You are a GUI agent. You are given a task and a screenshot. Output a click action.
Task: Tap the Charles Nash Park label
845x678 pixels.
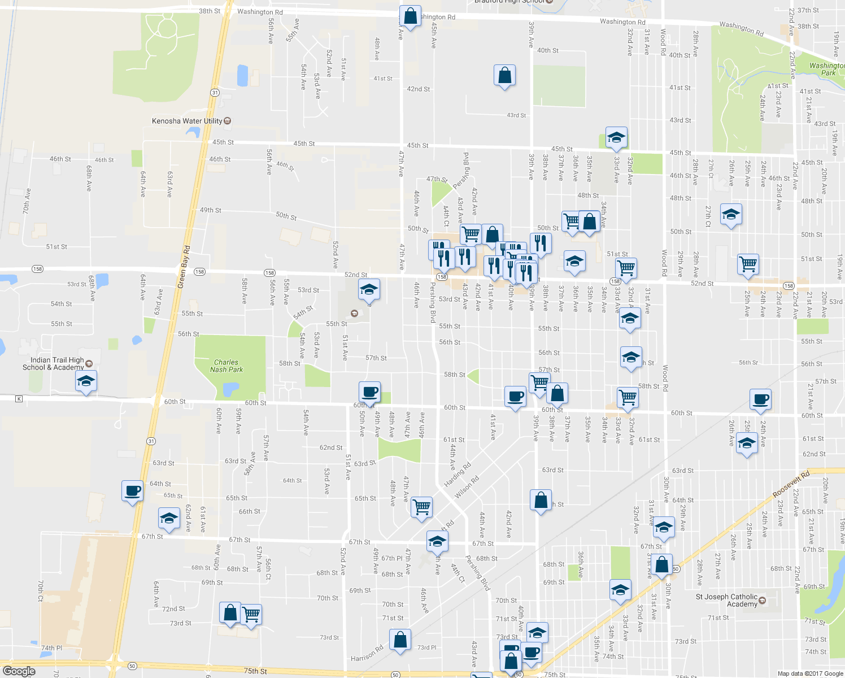coord(226,366)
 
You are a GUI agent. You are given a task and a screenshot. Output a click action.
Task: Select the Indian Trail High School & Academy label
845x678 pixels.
coord(54,364)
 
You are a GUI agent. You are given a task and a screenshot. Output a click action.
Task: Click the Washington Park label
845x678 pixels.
coord(827,69)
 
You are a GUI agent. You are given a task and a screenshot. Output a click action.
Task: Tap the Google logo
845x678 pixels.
coord(19,671)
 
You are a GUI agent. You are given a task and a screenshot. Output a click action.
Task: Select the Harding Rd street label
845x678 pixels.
coord(457,475)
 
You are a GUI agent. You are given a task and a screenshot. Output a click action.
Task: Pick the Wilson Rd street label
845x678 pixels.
coord(467,487)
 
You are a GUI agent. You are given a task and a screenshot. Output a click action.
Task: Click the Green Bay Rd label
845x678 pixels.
coord(184,267)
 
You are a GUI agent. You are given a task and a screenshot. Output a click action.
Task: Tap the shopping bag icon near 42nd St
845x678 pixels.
coord(504,75)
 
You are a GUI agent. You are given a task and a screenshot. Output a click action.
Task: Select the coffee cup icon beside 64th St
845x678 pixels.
coord(132,490)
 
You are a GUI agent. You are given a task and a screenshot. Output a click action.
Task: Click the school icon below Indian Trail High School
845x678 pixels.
coord(86,381)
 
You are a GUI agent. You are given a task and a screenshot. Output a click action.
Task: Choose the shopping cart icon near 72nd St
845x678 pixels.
coord(251,614)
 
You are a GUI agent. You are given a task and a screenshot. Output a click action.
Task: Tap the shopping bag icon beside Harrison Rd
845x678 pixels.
coord(400,640)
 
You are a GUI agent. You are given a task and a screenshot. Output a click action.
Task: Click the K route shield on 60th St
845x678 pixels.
coord(19,399)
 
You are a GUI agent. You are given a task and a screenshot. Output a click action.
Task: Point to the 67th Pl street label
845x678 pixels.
coord(391,558)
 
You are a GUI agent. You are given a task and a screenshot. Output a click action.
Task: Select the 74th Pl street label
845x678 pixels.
coord(51,648)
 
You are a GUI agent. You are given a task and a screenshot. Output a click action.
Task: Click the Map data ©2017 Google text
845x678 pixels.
coord(810,673)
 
